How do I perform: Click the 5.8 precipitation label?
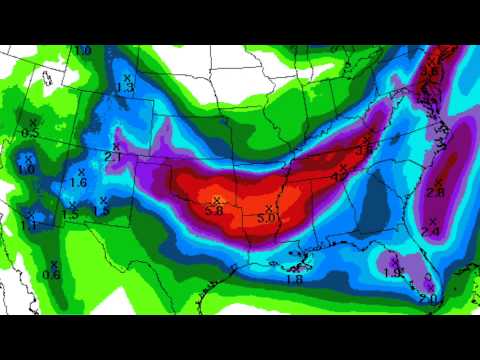[213, 211]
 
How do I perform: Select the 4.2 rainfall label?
[340, 176]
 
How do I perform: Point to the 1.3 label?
[126, 88]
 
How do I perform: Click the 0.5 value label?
[30, 133]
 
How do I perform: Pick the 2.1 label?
[113, 157]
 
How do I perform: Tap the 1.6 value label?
[79, 183]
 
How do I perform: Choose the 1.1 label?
[28, 226]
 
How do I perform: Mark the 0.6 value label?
[53, 275]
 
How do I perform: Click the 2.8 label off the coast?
[435, 193]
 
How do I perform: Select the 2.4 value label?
[431, 232]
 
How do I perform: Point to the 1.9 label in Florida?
[393, 272]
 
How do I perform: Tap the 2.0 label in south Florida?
[428, 299]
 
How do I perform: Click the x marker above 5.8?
[216, 200]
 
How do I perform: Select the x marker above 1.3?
[127, 77]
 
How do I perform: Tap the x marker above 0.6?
[54, 264]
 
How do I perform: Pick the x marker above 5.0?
[269, 207]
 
